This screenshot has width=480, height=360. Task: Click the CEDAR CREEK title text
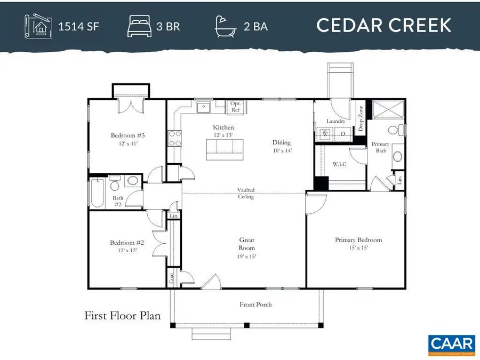pos(384,25)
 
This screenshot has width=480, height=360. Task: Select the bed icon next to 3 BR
pos(139,26)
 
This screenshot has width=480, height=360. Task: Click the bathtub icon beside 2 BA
pos(226,26)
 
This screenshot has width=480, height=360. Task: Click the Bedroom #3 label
pos(128,135)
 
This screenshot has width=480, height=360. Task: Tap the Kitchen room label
pos(223,127)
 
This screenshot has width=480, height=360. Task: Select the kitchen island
pos(225,149)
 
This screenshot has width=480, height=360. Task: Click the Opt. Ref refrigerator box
pos(235,107)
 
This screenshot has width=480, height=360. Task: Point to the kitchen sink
pos(203,108)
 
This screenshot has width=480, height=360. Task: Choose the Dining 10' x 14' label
pos(282,146)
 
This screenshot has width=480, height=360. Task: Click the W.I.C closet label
pos(339,164)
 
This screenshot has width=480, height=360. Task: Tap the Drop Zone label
pos(361,119)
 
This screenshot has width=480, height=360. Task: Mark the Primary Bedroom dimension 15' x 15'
pos(358,248)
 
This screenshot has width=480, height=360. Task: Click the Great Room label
pos(246,244)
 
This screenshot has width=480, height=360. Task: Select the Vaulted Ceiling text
pos(246,193)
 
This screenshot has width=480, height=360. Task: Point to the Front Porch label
pos(255,305)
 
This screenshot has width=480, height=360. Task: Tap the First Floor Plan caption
pos(122,316)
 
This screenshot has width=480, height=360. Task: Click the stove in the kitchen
pos(174,139)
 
